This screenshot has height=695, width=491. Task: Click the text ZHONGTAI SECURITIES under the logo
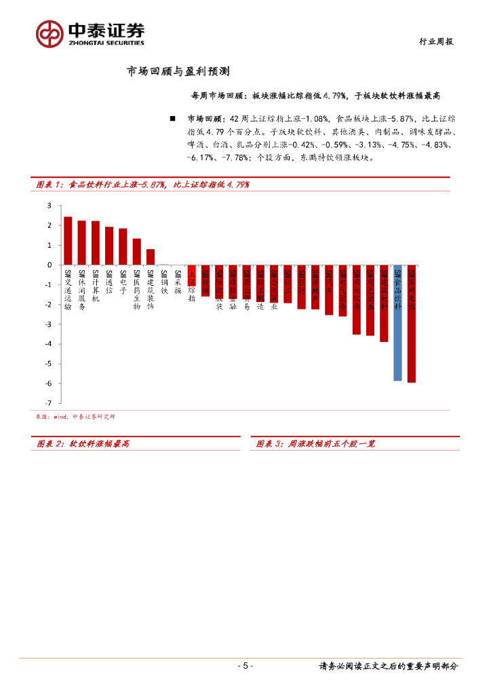[x=105, y=43]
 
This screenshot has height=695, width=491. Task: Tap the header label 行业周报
[x=434, y=41]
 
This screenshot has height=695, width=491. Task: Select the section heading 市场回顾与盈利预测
[x=180, y=71]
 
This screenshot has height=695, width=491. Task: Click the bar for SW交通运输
[x=68, y=241]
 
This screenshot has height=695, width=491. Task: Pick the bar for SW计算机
[x=96, y=243]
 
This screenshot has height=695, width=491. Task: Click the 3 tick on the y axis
[x=49, y=206]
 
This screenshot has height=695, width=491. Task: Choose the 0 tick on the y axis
[x=49, y=265]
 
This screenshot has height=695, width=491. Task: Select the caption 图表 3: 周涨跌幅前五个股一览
[x=316, y=444]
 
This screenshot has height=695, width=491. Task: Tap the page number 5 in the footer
[x=245, y=666]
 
